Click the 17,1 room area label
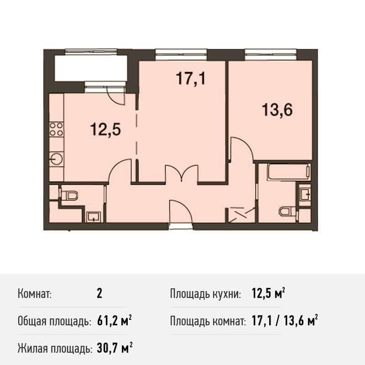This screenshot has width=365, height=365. pos(191,78)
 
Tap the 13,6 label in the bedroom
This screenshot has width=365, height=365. pos(277,109)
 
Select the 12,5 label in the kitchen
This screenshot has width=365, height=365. pos(105,129)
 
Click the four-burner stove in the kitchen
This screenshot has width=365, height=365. pos(57,129)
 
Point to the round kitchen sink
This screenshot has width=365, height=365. pos(57,159)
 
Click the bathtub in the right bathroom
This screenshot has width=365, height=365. pos(289,172)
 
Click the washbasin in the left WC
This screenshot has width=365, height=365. pos(94,217)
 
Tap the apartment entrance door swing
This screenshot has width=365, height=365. pos(181,211)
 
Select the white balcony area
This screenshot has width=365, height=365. pos(91,68)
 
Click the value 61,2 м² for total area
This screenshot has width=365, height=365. pos(115,321)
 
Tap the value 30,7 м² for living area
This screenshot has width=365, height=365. pos(115,349)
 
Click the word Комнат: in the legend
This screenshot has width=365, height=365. pos(35,294)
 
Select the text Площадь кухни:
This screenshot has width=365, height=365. pos(205,294)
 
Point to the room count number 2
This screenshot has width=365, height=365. pos(99,293)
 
